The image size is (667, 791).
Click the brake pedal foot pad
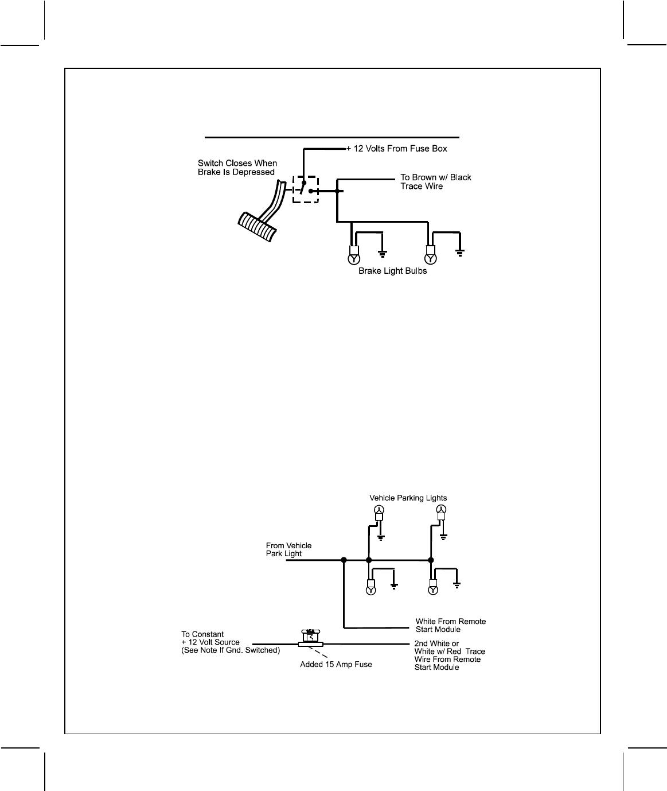[x=258, y=227]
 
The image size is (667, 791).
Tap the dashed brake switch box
[x=305, y=189]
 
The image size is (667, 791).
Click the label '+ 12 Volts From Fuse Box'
[x=396, y=149]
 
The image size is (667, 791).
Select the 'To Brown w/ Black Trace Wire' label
[x=435, y=181]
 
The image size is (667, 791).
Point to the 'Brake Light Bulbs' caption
[x=392, y=271]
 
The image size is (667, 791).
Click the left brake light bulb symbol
[x=353, y=259]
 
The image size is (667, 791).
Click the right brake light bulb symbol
[x=430, y=259]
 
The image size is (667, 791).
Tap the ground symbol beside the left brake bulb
[x=383, y=253]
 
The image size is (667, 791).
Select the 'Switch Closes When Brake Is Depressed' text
[x=237, y=168]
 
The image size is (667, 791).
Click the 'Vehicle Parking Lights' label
[x=408, y=498]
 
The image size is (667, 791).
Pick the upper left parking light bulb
[x=379, y=510]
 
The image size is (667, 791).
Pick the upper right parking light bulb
[x=441, y=510]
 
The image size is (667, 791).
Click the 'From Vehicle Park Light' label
[x=288, y=549]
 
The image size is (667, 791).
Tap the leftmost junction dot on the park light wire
[x=344, y=560]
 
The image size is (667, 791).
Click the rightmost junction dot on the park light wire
[x=431, y=560]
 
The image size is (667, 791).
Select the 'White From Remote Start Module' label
[x=450, y=625]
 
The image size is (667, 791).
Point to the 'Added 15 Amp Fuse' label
[x=336, y=664]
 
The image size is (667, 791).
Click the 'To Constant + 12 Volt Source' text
[x=230, y=642]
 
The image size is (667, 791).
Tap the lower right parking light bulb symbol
[x=433, y=590]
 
